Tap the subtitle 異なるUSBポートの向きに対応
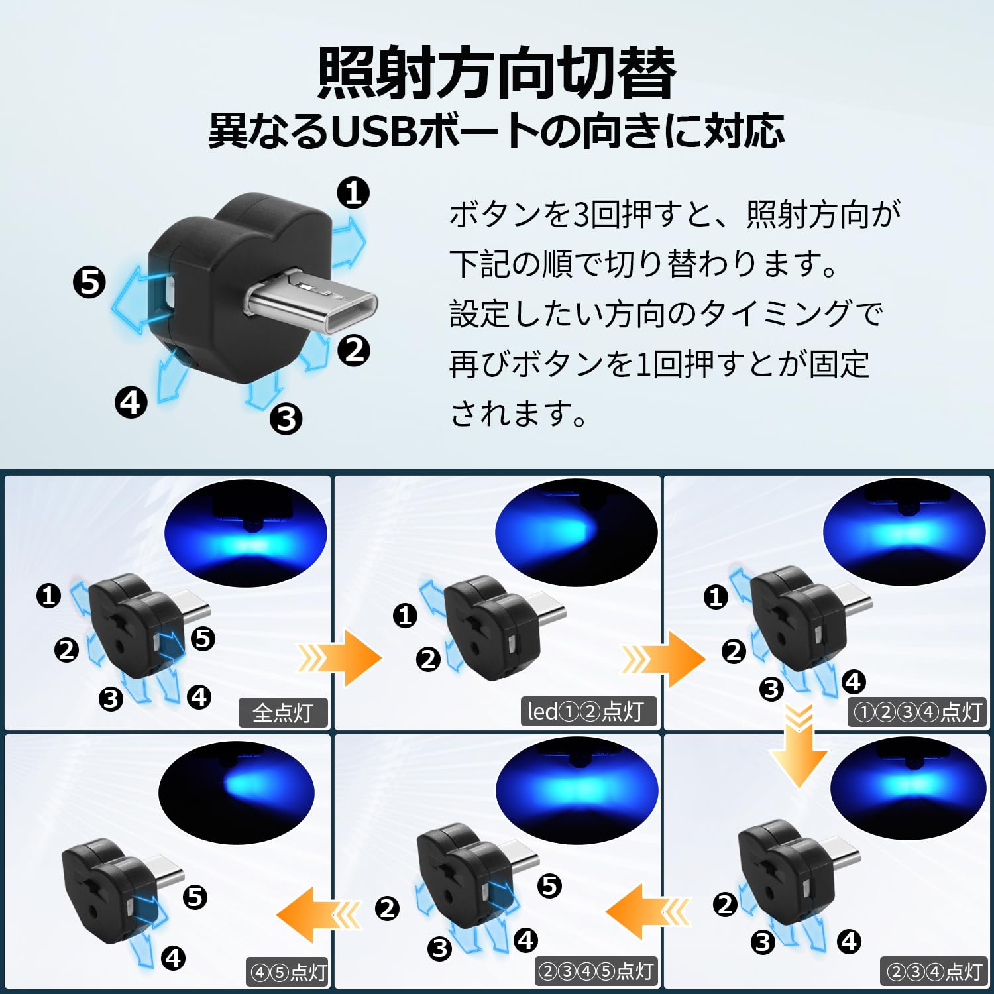(497, 131)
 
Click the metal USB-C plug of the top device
(311, 302)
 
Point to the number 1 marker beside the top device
(353, 193)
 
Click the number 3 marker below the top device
(286, 419)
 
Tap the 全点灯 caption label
(283, 713)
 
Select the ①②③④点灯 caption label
(918, 712)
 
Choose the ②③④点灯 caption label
(934, 971)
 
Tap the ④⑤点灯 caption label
(288, 972)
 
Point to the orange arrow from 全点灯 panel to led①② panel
(340, 658)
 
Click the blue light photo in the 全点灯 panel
(246, 534)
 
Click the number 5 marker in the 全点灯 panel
(203, 638)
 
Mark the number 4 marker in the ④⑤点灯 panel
(174, 958)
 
